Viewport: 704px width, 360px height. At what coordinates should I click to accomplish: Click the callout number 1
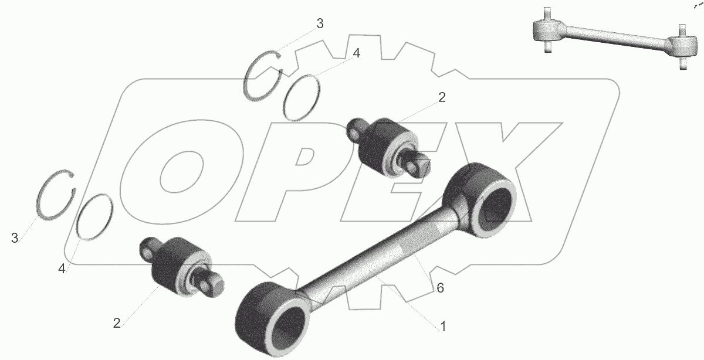point(443,327)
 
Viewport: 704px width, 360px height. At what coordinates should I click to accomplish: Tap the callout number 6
point(441,288)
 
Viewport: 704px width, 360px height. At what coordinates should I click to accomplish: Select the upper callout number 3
point(320,24)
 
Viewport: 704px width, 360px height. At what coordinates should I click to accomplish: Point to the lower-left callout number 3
point(15,238)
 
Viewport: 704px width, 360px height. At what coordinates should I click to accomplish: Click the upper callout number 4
point(356,53)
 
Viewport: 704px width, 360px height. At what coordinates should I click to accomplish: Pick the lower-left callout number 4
point(62,269)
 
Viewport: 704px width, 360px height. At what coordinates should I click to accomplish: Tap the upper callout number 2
point(442,97)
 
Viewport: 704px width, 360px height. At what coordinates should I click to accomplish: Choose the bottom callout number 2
point(117,323)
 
